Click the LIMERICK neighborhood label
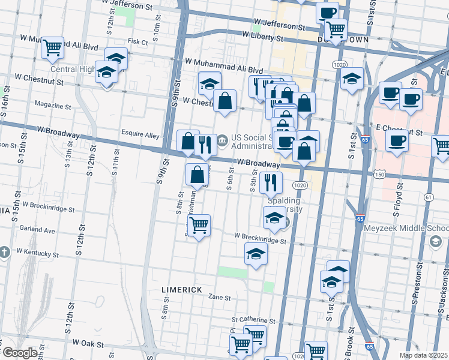point(182,290)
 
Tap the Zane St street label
point(220,297)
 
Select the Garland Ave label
point(37,230)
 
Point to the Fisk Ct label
point(137,42)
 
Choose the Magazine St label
point(53,106)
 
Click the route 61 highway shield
point(428,197)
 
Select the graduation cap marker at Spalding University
point(274,218)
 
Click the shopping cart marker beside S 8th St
point(199,226)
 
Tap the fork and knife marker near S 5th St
point(271,182)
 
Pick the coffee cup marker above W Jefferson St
point(327,13)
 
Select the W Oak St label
point(88,344)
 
